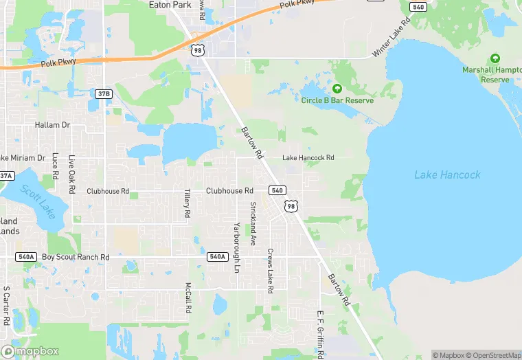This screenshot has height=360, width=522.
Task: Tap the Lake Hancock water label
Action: [447, 175]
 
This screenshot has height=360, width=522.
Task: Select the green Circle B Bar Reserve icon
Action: [337, 89]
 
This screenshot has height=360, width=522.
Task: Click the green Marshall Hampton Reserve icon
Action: [495, 60]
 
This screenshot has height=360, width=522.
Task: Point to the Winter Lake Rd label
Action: [391, 38]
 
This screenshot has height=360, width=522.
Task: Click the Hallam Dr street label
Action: [53, 125]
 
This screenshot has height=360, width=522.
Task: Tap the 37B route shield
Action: [103, 93]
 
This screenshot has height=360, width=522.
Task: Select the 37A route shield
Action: [6, 176]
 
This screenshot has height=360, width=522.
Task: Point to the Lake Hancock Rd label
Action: [308, 157]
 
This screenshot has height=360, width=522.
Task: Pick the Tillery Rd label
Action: [187, 204]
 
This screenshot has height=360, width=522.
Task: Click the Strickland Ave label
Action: [253, 223]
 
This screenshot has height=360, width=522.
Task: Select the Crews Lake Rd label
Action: [271, 271]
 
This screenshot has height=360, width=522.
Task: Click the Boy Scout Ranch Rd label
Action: [76, 257]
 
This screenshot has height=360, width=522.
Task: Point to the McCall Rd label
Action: [188, 297]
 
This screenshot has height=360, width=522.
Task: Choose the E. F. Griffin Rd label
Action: [320, 334]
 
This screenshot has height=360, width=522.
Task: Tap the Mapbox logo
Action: [30, 351]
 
